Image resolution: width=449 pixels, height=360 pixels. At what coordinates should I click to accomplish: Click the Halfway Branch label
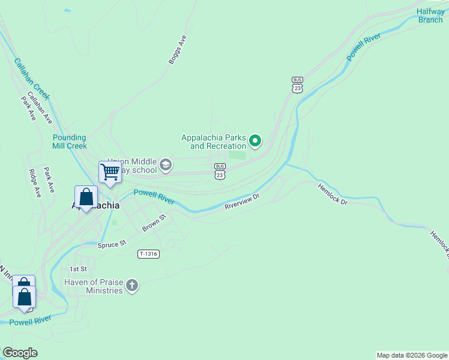430,16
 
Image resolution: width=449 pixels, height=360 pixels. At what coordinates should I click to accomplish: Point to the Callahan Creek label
32,79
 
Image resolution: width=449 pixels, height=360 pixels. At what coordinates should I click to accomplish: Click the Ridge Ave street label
35,183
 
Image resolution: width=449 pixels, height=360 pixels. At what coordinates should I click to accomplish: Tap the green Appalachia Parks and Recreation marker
255,142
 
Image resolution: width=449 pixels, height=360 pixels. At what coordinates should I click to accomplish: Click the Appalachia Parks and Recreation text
214,142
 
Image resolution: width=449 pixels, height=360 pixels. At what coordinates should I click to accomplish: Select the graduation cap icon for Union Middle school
166,164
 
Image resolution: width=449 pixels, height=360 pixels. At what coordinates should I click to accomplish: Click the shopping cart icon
110,172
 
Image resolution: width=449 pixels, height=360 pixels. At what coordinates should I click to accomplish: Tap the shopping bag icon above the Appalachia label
86,197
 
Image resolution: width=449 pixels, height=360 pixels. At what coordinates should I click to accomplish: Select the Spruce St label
112,244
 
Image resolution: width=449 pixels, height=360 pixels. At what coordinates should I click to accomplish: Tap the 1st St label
78,269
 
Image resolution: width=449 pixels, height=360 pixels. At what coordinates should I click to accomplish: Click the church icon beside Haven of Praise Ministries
132,286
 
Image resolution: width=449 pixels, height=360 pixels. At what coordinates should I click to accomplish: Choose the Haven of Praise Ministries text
94,286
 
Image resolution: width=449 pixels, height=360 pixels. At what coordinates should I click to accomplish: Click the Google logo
20,353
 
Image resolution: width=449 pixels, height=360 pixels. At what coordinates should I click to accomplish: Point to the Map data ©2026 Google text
411,355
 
